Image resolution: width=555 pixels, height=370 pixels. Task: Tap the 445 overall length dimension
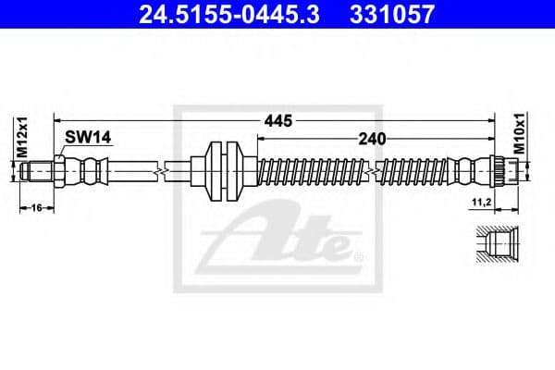point(277,120)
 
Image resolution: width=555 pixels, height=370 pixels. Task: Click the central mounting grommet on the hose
point(223,171)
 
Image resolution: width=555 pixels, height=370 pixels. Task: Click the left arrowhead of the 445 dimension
point(58,120)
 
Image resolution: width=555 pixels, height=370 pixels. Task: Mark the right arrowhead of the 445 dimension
point(487,120)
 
